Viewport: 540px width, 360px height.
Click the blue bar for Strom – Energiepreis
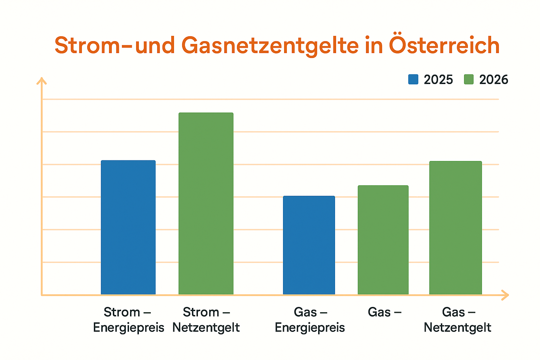click(x=128, y=227)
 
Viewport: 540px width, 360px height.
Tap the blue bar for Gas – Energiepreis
click(x=309, y=245)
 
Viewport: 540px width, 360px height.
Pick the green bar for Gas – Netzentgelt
click(x=455, y=227)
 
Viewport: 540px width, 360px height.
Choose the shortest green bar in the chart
click(x=383, y=240)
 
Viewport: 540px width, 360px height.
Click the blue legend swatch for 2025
click(x=413, y=79)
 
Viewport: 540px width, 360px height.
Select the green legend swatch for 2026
click(x=469, y=79)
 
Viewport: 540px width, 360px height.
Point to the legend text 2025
click(x=438, y=80)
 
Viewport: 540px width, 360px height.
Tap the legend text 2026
click(x=494, y=80)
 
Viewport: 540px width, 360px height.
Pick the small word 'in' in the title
click(x=373, y=46)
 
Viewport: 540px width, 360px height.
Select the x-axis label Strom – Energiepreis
click(x=128, y=320)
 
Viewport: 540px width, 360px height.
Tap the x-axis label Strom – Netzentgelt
click(x=206, y=320)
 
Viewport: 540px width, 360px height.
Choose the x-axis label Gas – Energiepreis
click(x=310, y=320)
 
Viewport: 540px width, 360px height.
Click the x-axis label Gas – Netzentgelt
click(x=457, y=320)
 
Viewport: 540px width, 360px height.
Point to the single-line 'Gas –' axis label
click(x=384, y=312)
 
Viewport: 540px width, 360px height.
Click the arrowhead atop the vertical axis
click(x=41, y=81)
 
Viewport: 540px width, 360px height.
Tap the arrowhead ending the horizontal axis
click(x=505, y=295)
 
